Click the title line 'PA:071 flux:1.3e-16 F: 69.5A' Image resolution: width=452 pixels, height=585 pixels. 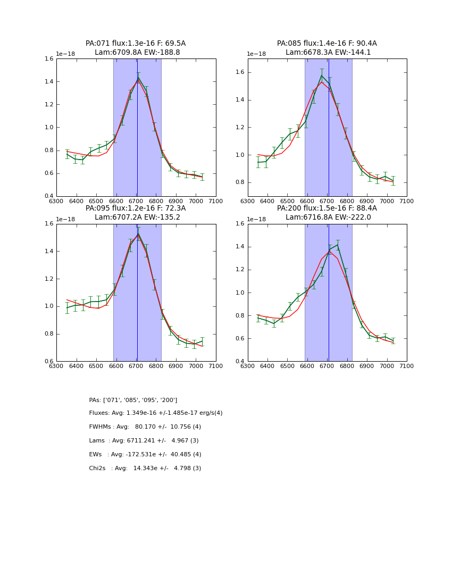coord(136,44)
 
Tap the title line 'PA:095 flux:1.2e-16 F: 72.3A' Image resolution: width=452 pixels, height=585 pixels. coord(136,208)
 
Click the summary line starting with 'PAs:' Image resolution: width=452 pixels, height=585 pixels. coord(133,400)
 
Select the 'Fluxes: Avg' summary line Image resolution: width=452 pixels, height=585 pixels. coord(156,413)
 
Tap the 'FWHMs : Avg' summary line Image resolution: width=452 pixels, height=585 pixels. coord(145,427)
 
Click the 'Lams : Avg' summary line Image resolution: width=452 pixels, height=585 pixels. coord(144,441)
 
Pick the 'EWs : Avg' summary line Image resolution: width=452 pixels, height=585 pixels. coord(145,455)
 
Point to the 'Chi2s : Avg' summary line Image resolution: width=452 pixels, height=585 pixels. coord(145,469)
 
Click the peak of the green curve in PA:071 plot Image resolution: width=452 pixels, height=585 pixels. coord(138,78)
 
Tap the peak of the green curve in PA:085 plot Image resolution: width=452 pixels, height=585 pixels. coord(321,75)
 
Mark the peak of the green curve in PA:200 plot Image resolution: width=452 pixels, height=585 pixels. coord(337,245)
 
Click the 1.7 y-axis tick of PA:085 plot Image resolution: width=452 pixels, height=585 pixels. coord(240,59)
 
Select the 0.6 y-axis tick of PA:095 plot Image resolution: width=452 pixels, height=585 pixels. coord(49,362)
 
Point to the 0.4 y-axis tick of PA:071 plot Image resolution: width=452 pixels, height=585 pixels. coord(49,196)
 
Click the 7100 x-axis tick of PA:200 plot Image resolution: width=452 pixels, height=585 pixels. coord(407,366)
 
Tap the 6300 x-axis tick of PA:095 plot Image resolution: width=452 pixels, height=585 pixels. coord(56,366)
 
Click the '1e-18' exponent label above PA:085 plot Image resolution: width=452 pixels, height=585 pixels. coord(256,54)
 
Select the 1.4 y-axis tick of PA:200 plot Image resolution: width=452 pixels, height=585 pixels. coord(240,247)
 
